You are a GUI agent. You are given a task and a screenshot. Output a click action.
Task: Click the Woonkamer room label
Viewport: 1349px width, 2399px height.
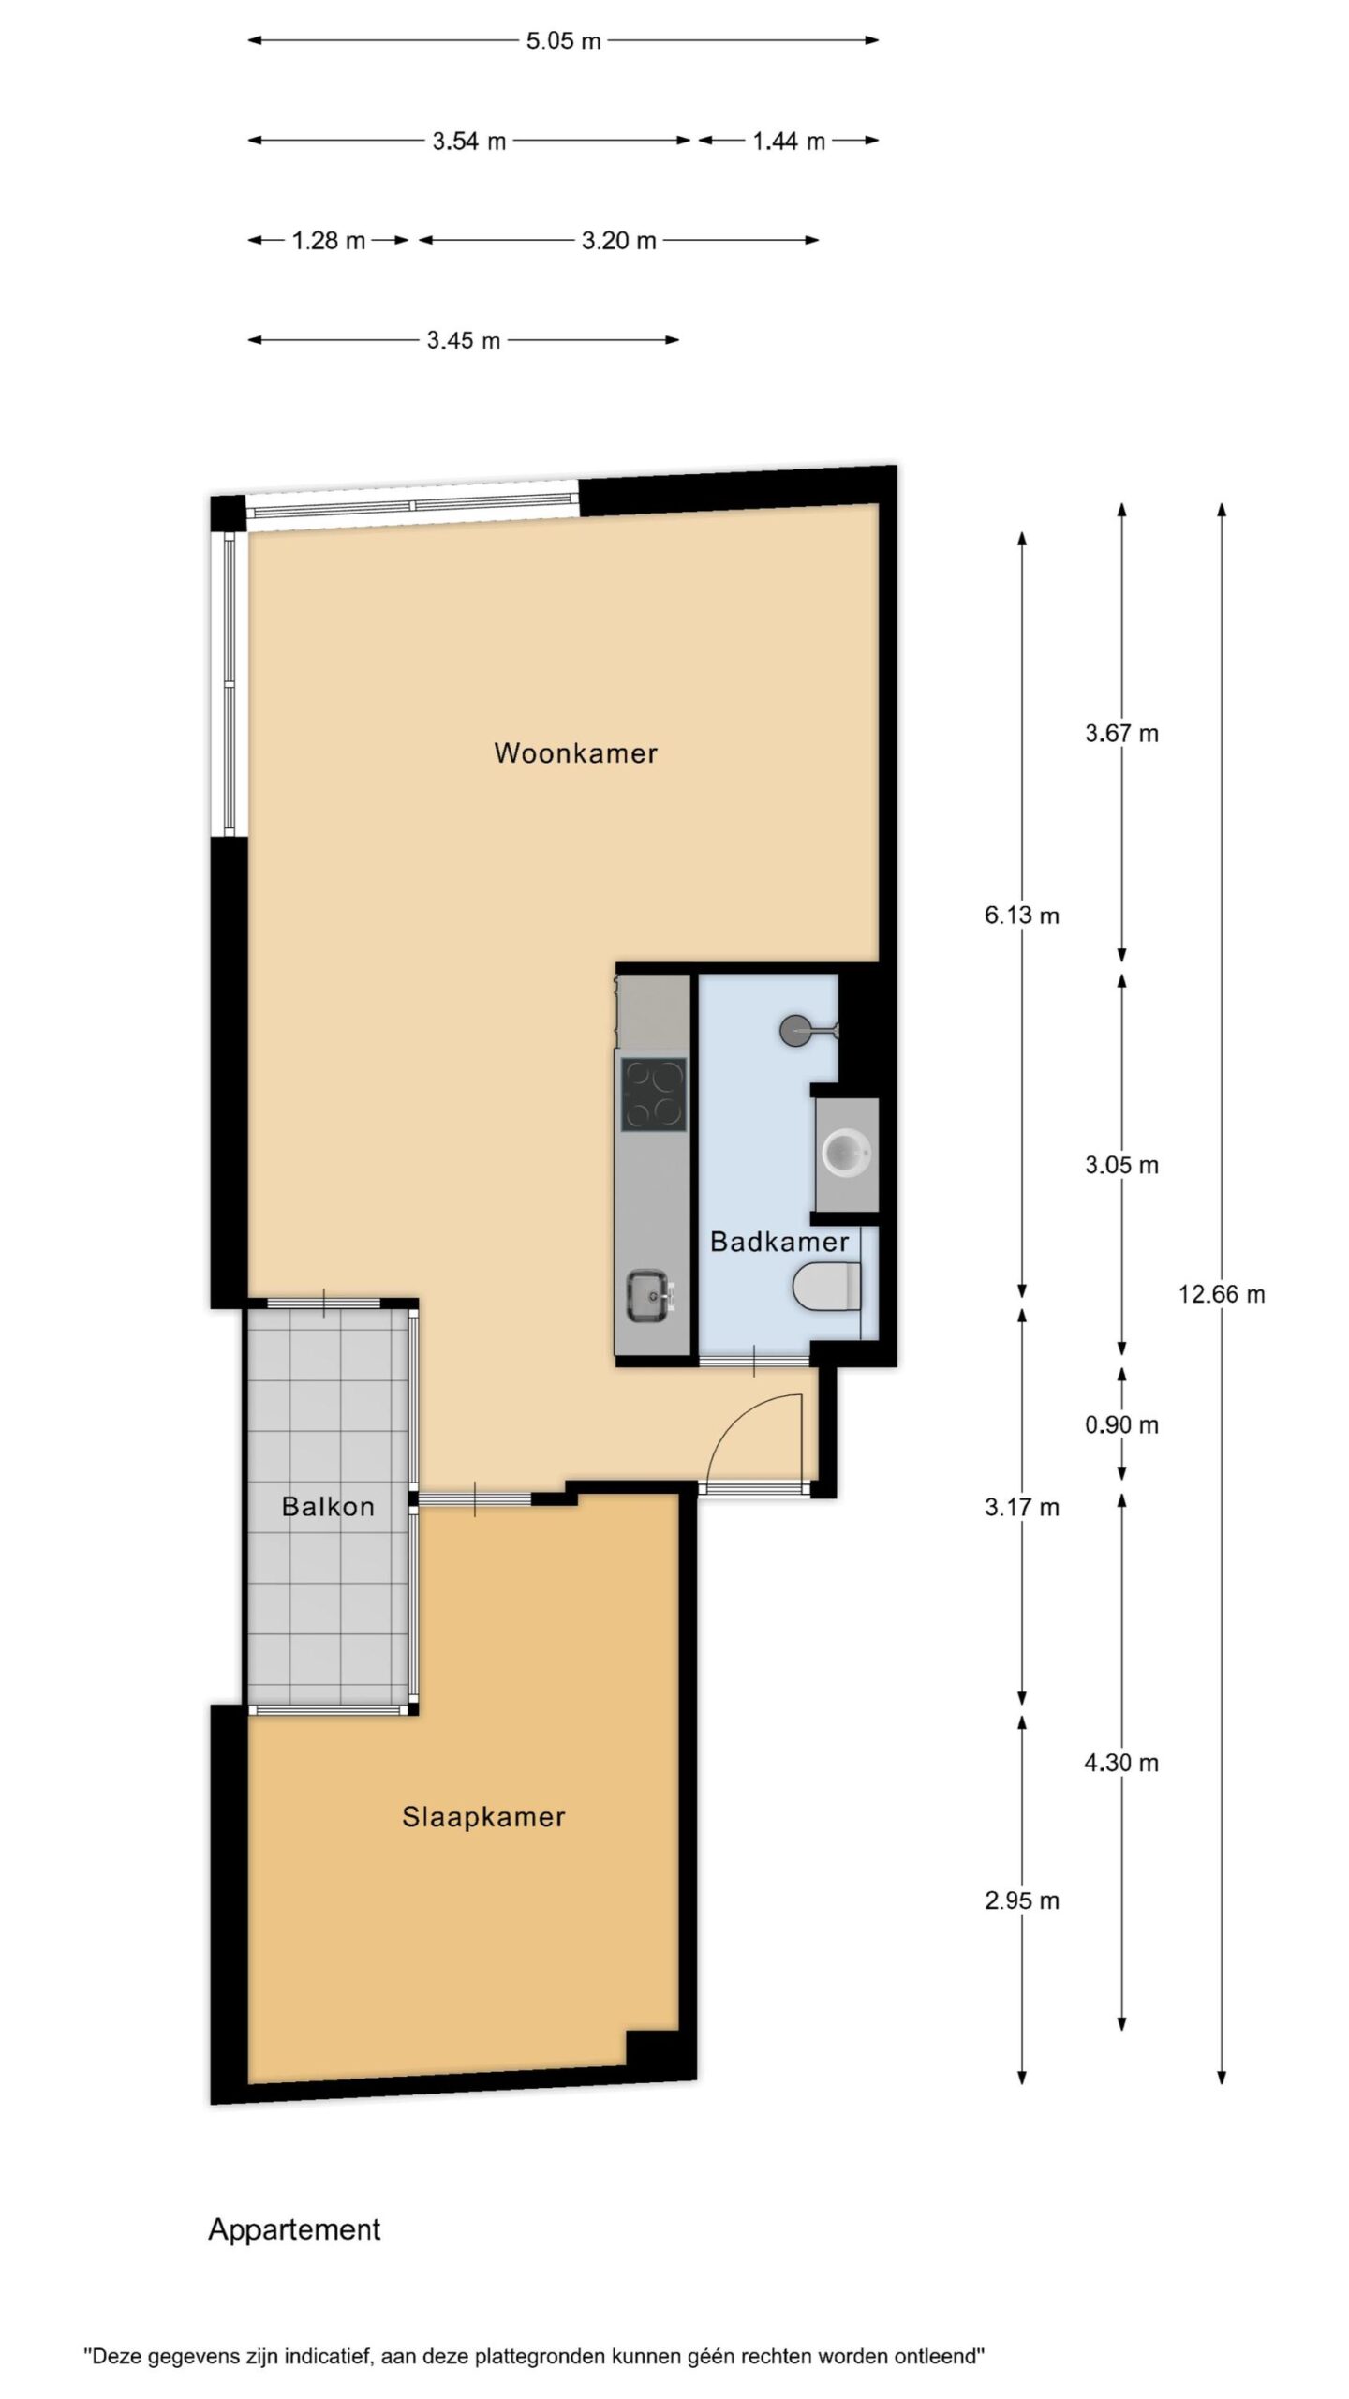click(x=575, y=752)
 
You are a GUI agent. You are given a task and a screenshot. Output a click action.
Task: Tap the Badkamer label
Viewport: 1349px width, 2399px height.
click(x=779, y=1242)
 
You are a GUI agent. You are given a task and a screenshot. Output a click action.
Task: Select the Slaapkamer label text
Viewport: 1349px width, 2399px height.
click(x=483, y=1817)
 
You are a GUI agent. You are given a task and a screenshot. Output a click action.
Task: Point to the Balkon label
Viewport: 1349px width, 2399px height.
click(x=328, y=1507)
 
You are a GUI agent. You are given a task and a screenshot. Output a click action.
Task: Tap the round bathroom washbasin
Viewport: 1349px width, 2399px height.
click(x=846, y=1153)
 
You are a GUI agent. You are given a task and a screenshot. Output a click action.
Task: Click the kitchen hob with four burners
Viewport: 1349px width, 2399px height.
click(x=653, y=1095)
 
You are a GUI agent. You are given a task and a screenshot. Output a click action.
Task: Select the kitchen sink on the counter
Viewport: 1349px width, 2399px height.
click(x=648, y=1296)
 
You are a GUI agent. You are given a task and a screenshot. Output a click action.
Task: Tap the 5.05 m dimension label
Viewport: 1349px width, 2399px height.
click(x=563, y=41)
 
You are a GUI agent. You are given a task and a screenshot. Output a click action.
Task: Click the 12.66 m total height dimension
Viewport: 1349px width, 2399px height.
click(x=1222, y=1294)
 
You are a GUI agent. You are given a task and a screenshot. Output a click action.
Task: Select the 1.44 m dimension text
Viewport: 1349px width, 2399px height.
click(x=789, y=142)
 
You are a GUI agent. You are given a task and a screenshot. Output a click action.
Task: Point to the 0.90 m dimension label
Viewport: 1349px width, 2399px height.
click(x=1121, y=1425)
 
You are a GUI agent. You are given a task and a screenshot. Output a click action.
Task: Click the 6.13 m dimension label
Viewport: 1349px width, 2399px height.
click(x=1021, y=916)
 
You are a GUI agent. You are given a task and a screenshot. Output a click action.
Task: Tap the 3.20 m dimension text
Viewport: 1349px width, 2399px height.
click(x=618, y=241)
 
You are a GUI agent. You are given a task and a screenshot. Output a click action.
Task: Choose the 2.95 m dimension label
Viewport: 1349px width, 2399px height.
click(x=1022, y=1901)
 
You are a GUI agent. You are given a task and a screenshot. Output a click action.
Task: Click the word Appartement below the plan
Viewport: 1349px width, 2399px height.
click(x=294, y=2229)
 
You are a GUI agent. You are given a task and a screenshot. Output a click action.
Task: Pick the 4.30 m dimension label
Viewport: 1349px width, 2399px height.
click(x=1121, y=1764)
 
